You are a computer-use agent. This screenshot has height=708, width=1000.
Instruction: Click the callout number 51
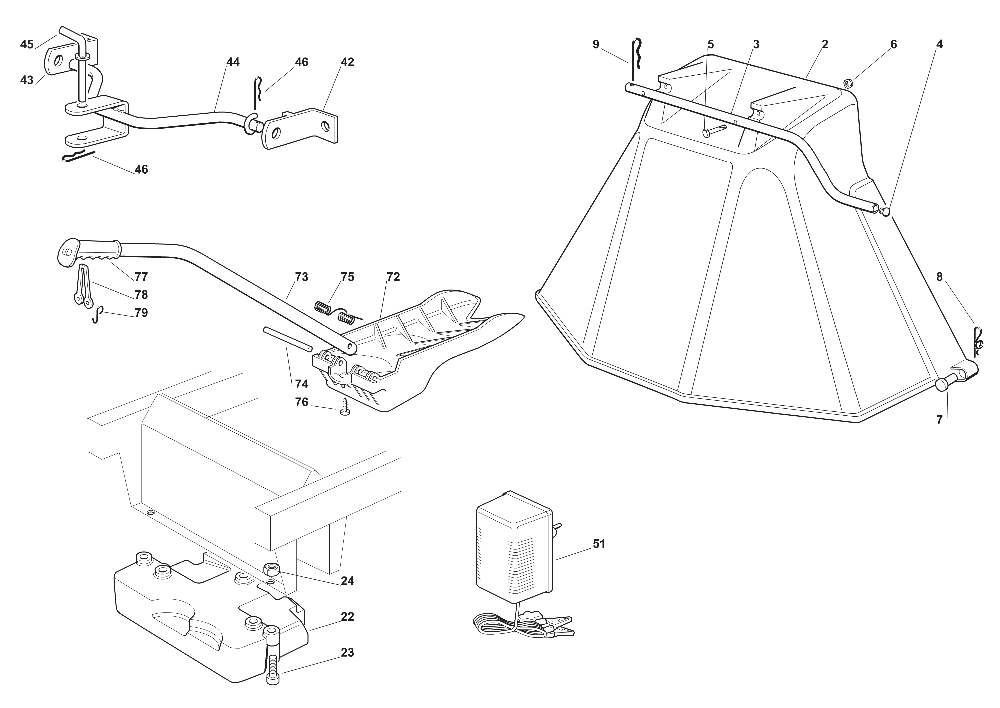tap(599, 544)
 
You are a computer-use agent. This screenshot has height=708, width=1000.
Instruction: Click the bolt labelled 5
tap(713, 130)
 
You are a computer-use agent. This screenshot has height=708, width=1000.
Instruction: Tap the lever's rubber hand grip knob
tap(87, 252)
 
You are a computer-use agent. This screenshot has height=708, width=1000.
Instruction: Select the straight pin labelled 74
tap(287, 338)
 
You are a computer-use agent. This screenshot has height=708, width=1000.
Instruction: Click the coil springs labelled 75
tap(336, 311)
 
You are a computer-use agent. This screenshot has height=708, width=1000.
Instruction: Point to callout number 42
tap(347, 62)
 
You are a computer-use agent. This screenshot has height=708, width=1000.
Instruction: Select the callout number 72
tap(393, 277)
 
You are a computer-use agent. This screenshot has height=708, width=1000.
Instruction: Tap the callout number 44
tap(233, 62)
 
